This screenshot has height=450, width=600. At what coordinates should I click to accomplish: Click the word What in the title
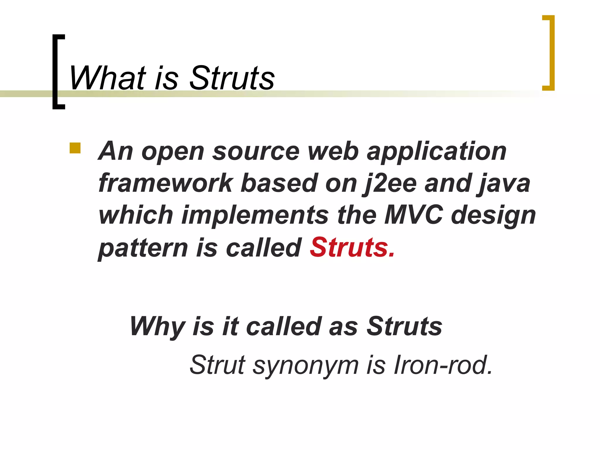pyautogui.click(x=107, y=78)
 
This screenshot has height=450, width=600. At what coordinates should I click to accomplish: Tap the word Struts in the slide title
pyautogui.click(x=232, y=78)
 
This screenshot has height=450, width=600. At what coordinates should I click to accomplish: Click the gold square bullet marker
pyautogui.click(x=75, y=148)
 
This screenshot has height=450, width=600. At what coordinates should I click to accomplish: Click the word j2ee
pyautogui.click(x=389, y=184)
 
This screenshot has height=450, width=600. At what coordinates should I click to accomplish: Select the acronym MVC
pyautogui.click(x=413, y=215)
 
